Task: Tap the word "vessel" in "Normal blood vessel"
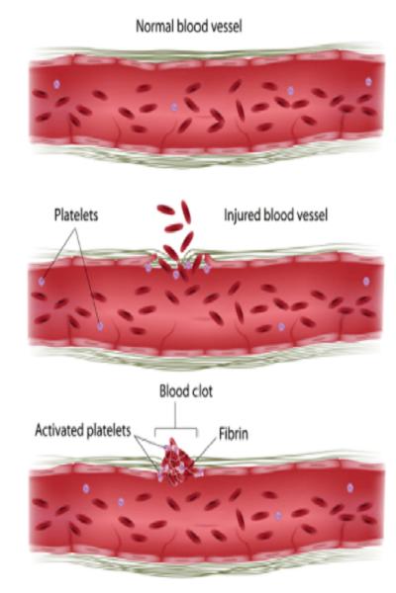(x=224, y=27)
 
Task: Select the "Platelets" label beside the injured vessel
(x=76, y=214)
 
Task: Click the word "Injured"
(x=243, y=215)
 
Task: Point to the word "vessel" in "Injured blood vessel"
(x=310, y=215)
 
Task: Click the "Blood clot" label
(x=186, y=391)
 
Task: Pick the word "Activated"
(x=59, y=430)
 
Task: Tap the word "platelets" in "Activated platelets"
(x=109, y=431)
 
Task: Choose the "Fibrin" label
(x=234, y=434)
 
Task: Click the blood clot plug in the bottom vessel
(x=176, y=465)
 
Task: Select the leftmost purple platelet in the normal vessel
(x=56, y=84)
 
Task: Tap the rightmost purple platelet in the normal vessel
(x=368, y=81)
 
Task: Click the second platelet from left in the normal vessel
(x=174, y=107)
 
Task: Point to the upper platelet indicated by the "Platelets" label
(x=42, y=281)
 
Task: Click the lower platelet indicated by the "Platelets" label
(x=100, y=326)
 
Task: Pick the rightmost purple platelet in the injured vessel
(x=366, y=281)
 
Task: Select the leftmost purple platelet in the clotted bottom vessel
(x=86, y=488)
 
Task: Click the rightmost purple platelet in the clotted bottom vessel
(x=350, y=488)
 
